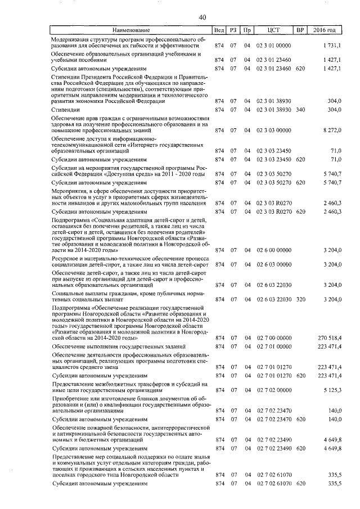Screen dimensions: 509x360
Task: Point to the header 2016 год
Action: coord(325,29)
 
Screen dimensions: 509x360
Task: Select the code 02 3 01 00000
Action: coord(273,44)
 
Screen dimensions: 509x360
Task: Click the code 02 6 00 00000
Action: coord(273,250)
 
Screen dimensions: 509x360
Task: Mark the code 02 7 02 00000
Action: coord(273,389)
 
